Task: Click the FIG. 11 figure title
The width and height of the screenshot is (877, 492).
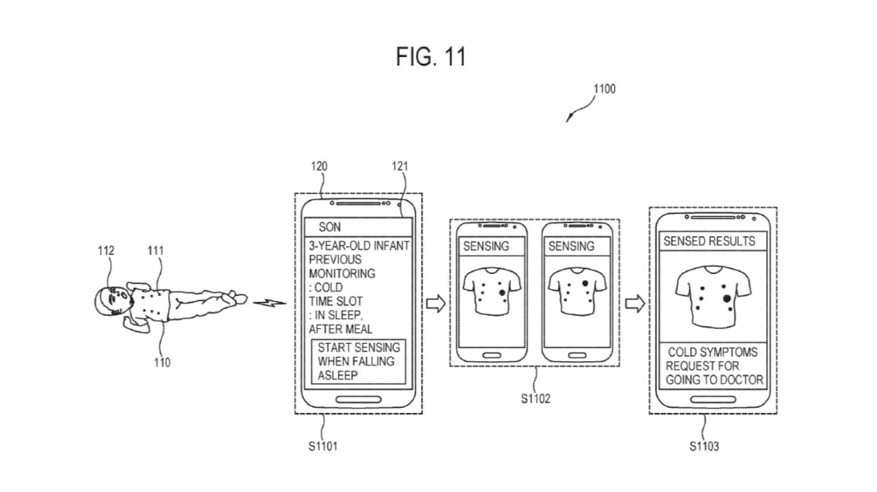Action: pos(430,56)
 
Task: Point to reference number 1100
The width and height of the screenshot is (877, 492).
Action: pos(604,89)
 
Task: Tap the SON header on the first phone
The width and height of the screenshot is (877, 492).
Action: pos(330,227)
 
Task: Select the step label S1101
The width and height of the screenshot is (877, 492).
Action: pos(322,444)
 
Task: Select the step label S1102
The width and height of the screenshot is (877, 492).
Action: pos(535,400)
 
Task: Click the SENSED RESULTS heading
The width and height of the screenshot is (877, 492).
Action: pos(709,241)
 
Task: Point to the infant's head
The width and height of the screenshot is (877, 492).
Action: pos(110,302)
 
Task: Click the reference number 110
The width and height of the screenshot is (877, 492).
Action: pos(162,362)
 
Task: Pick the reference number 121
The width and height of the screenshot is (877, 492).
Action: pos(398,166)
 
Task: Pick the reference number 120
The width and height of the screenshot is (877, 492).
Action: pos(319,166)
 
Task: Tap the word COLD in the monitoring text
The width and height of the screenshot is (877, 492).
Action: pos(330,288)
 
